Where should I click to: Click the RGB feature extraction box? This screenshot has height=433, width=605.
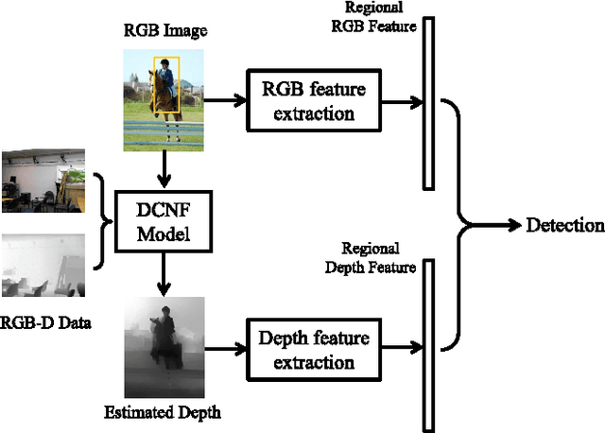point(314,101)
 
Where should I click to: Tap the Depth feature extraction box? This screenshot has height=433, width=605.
point(314,349)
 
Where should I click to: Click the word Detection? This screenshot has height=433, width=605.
point(564,225)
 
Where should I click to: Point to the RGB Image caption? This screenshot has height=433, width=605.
point(166,32)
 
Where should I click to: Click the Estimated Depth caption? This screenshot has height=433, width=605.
point(164,412)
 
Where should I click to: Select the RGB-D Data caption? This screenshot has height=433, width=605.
point(45,324)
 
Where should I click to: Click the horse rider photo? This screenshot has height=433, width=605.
point(164,99)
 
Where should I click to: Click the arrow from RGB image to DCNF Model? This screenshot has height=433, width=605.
point(164,170)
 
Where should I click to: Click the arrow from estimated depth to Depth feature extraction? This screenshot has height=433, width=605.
point(225,349)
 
